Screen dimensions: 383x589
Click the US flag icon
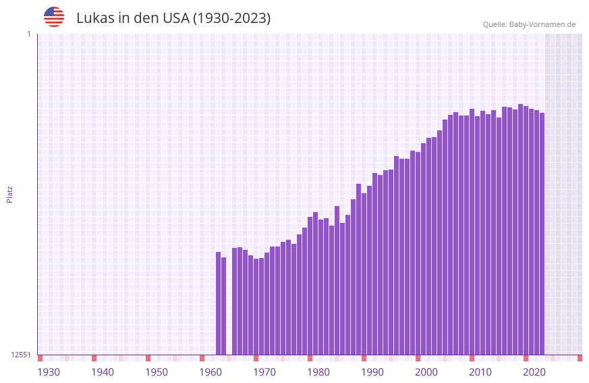[54, 17]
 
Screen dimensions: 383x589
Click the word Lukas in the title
[95, 18]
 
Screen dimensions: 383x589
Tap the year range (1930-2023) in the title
[232, 18]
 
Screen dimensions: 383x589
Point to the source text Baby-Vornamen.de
[542, 25]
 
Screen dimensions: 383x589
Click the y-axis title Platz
[9, 194]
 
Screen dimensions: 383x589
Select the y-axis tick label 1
[28, 34]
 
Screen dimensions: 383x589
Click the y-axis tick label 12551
[21, 355]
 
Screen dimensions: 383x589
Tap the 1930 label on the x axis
[49, 372]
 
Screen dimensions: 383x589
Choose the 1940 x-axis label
[103, 372]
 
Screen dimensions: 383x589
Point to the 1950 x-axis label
[157, 372]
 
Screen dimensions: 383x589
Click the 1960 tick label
[211, 372]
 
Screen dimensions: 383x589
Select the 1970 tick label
[264, 372]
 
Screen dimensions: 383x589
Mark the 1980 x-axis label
[318, 372]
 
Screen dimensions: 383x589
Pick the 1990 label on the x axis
[372, 372]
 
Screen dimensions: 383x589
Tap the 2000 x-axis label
[426, 372]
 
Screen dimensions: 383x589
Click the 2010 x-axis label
[480, 372]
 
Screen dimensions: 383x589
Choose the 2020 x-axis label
[534, 372]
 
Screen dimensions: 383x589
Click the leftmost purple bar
[219, 303]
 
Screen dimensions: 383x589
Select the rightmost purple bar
[542, 234]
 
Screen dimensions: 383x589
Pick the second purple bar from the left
[224, 306]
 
